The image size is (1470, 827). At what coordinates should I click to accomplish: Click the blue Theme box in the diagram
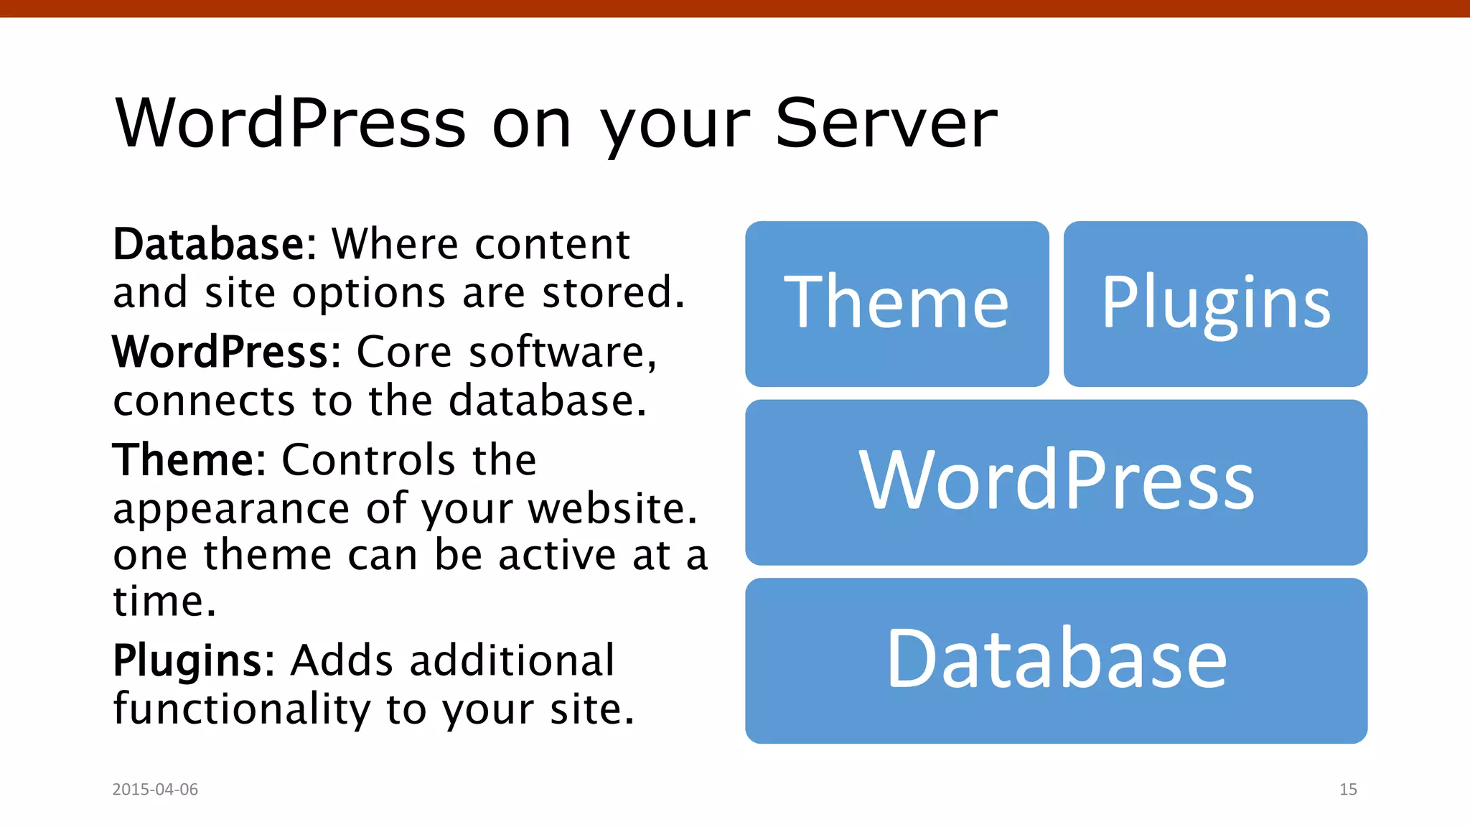click(x=896, y=304)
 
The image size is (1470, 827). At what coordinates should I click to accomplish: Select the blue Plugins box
click(x=1215, y=304)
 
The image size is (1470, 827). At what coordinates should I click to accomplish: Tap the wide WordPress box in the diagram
click(x=1056, y=482)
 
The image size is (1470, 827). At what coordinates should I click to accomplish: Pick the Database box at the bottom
click(x=1056, y=660)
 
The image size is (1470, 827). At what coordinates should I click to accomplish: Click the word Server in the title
click(x=886, y=123)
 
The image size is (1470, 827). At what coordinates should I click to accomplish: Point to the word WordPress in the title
click(x=291, y=123)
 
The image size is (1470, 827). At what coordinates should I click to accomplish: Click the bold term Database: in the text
click(x=215, y=245)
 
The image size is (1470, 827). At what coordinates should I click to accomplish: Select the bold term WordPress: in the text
click(x=226, y=352)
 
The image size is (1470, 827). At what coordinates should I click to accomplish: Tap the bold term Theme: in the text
click(x=189, y=460)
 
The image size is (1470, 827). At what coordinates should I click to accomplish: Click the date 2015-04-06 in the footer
click(x=155, y=789)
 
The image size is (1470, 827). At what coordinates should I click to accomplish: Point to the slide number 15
click(x=1348, y=789)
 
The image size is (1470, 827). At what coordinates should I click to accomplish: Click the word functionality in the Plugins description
click(x=242, y=709)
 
